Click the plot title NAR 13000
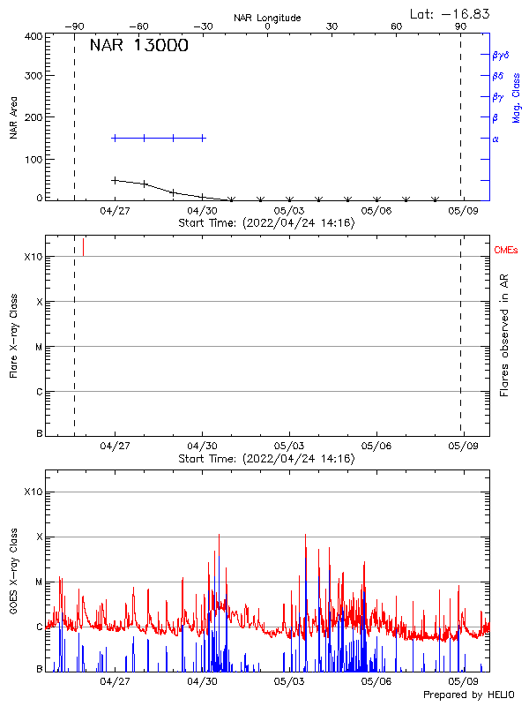[x=138, y=46]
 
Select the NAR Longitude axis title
[x=267, y=18]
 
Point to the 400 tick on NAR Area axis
[x=34, y=36]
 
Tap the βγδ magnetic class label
[x=501, y=55]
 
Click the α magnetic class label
[x=495, y=139]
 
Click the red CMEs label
[x=507, y=251]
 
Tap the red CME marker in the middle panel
[x=84, y=246]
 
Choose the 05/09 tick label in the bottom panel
[x=463, y=681]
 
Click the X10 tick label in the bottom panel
[x=34, y=492]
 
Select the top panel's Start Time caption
[x=266, y=223]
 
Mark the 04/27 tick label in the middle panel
[x=115, y=447]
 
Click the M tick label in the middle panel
[x=39, y=347]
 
